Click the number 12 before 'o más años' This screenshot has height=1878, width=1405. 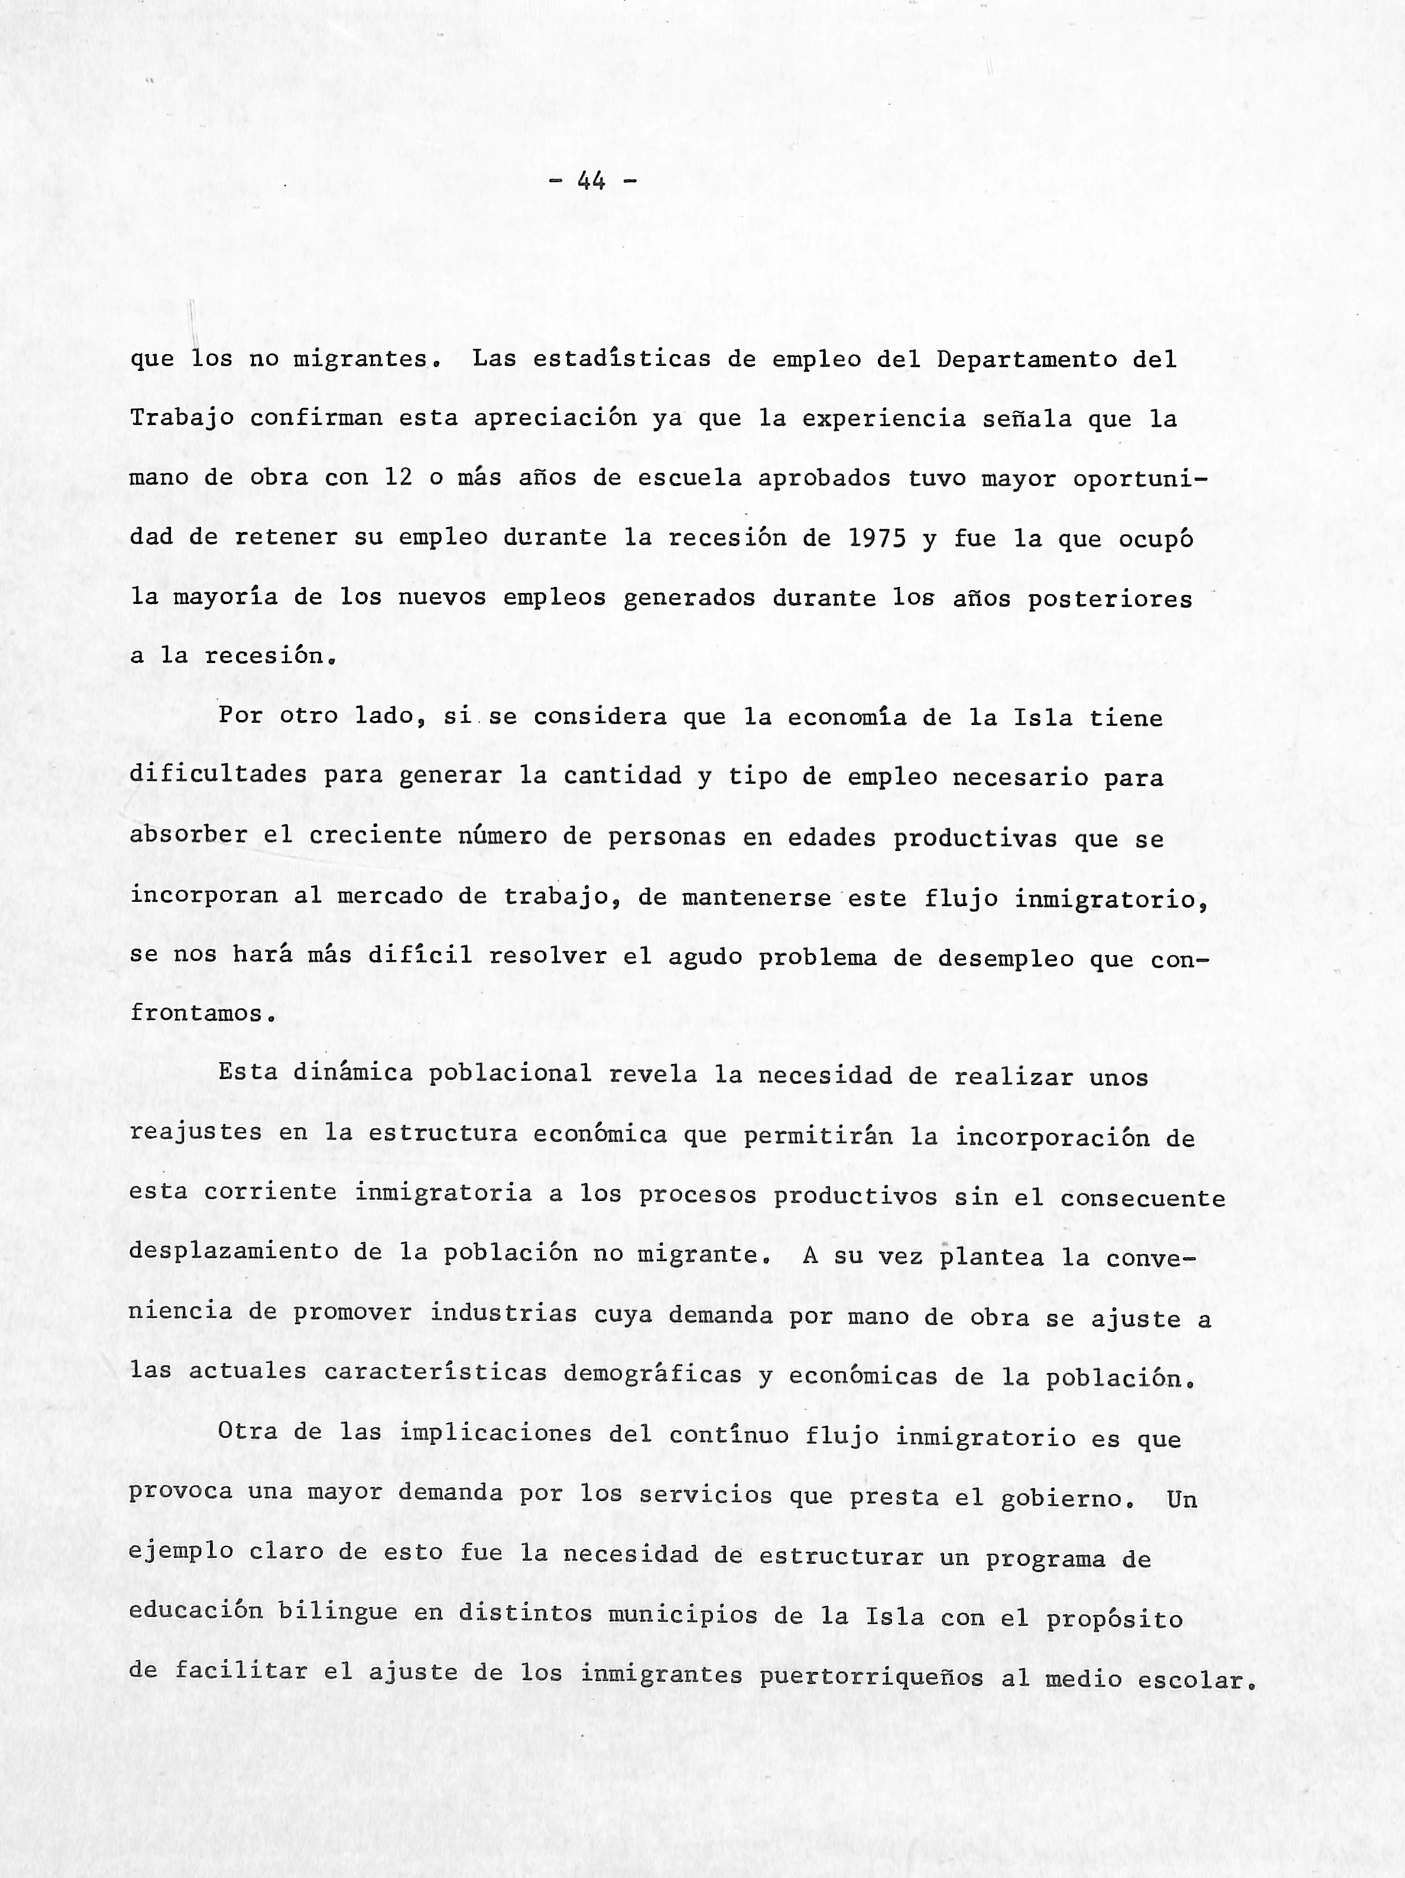[398, 478]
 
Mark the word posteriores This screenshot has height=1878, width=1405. [1110, 599]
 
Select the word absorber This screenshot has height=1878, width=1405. [189, 835]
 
